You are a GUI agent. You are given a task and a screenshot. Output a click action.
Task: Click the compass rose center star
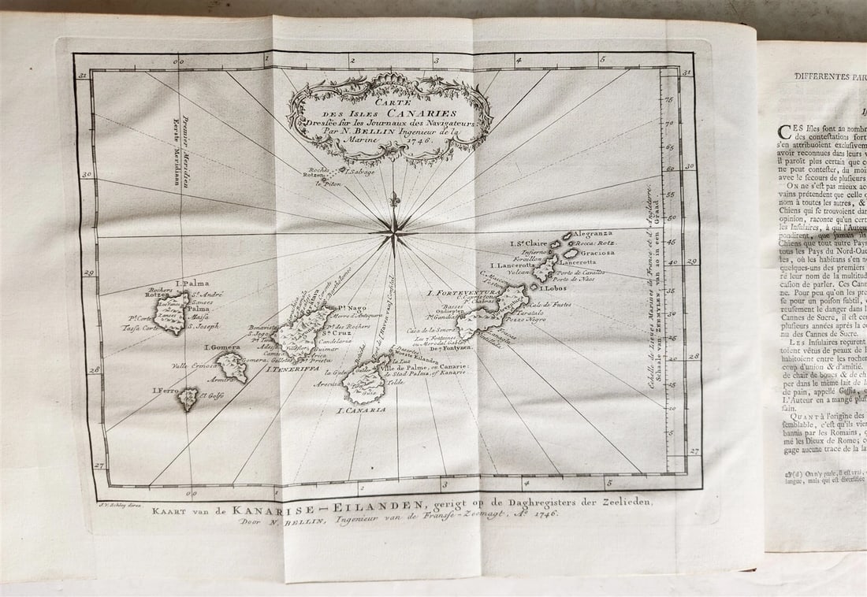tap(393, 231)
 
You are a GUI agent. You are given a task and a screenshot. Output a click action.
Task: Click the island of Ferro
tap(188, 399)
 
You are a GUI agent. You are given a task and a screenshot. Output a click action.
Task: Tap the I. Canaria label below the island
tap(362, 410)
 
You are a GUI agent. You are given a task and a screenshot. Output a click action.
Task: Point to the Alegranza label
tap(592, 234)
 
